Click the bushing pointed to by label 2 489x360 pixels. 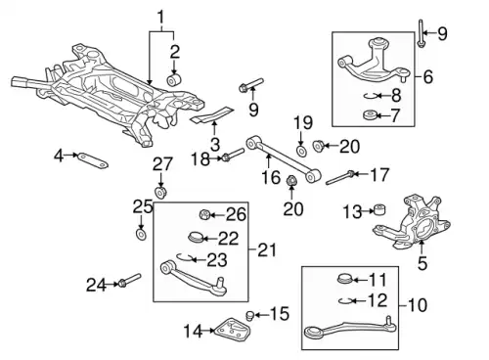pos(174,80)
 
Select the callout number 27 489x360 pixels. pos(162,164)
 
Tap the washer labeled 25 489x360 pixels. pos(141,234)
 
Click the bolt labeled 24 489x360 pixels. pos(129,281)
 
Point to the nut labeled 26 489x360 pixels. pos(203,214)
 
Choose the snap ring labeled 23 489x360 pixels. pos(184,257)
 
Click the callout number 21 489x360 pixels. pos(267,250)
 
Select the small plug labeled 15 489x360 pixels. pos(249,315)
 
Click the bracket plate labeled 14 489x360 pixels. pos(231,330)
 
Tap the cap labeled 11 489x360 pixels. pos(344,279)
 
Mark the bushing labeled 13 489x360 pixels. pos(379,209)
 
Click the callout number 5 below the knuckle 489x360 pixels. pos(422,263)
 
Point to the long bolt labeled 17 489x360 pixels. pos(340,178)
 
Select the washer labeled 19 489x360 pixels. pos(300,152)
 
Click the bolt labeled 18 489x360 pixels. pos(233,155)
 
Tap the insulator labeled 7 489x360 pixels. pos(370,115)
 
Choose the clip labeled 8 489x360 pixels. pos(372,96)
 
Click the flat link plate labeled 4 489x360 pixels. pos(92,160)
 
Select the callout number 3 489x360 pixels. pos(215,144)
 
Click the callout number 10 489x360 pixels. pos(418,305)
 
